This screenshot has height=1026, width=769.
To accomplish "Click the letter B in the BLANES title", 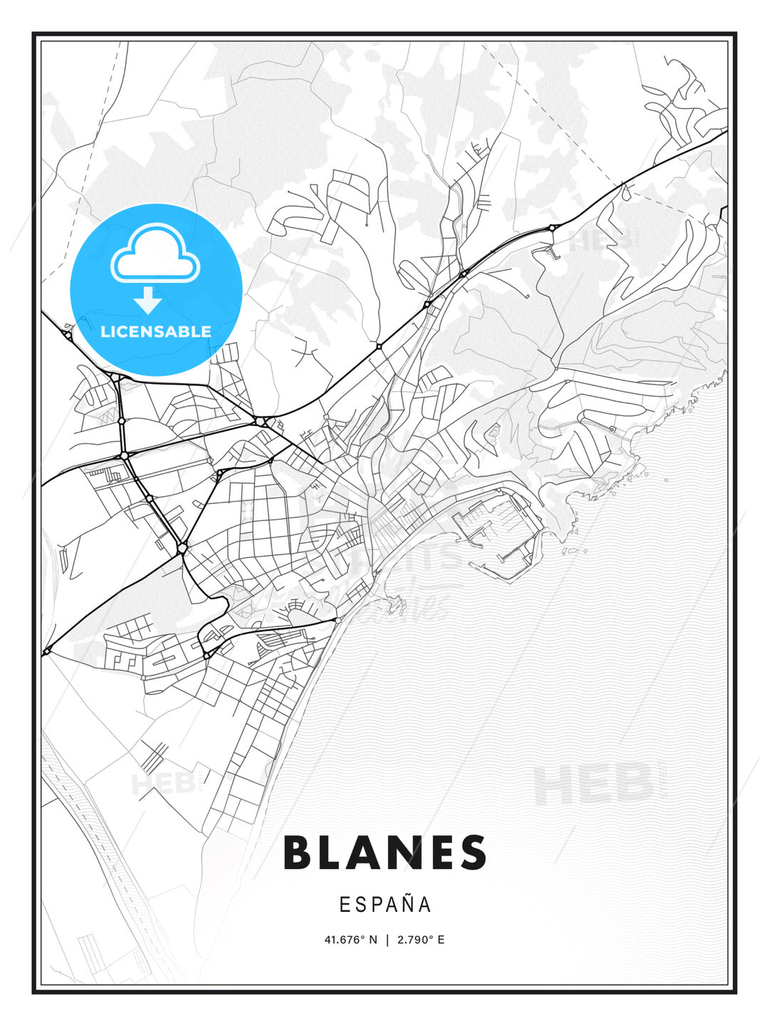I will point(299,853).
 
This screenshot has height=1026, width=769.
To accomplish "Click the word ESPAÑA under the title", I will point(385,904).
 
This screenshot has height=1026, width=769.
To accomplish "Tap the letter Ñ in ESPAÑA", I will point(408,904).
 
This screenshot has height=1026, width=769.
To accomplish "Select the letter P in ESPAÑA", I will point(377,905).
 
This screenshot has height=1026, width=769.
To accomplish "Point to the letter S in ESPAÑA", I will point(361,905).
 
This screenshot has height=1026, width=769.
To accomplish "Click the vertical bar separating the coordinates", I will point(387,940).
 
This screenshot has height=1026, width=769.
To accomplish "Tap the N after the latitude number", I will point(372,940).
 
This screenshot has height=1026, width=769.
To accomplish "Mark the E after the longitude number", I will point(441,940).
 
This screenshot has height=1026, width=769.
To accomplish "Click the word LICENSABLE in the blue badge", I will point(156,331).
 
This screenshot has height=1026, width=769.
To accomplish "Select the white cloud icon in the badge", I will point(155,255).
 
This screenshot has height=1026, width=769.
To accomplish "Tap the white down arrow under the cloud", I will point(148,301).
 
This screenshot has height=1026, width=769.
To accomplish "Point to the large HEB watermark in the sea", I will point(593,784).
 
